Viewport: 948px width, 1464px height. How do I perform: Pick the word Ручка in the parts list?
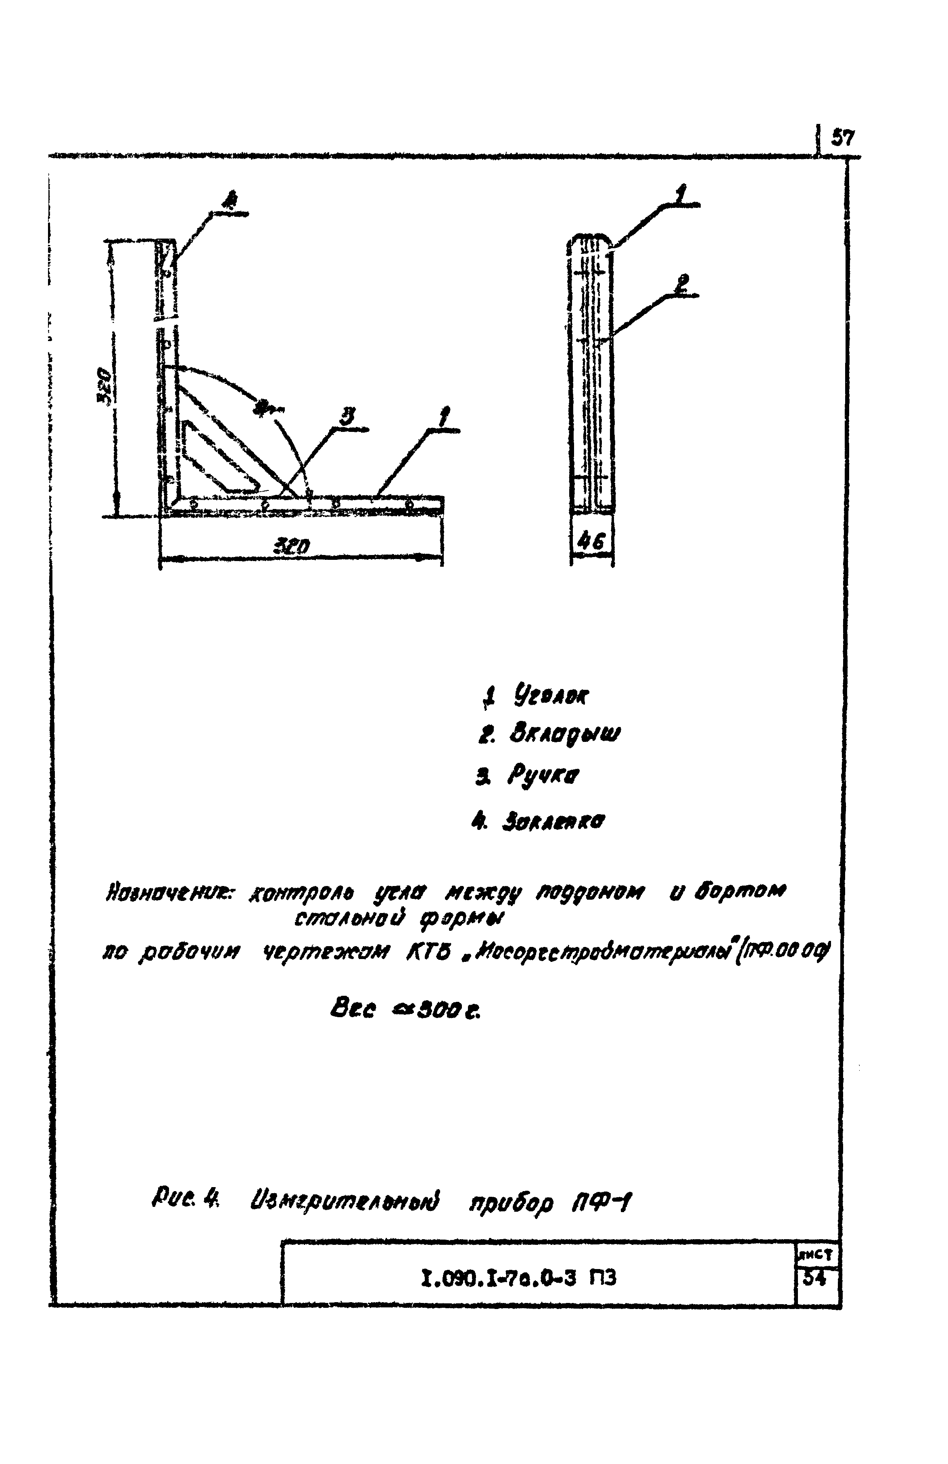coord(543,776)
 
